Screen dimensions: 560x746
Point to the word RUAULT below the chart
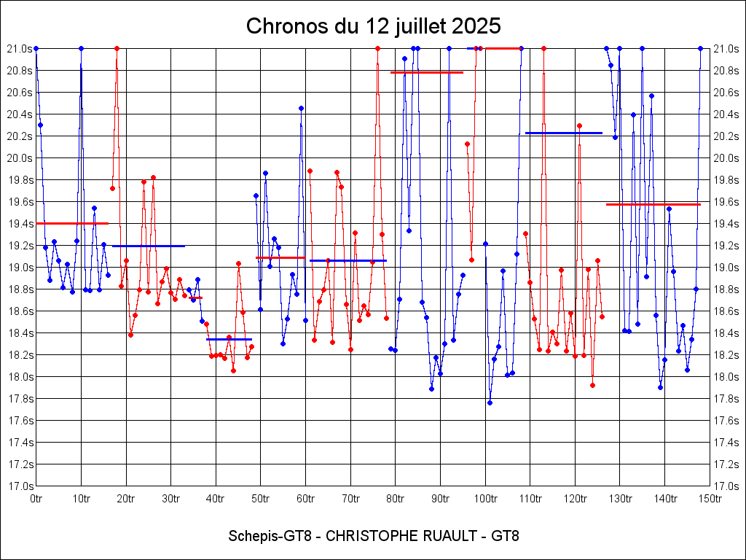coord(452,537)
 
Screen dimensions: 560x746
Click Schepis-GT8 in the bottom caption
coord(270,537)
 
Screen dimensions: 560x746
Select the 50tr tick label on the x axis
coord(261,499)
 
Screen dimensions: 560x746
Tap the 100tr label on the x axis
coord(485,499)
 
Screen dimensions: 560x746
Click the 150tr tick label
coord(710,499)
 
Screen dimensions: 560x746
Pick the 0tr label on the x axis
coord(36,499)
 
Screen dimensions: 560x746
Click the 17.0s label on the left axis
coord(20,486)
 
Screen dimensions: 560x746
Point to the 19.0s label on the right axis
coord(727,267)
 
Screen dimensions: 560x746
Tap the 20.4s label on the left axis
coord(20,114)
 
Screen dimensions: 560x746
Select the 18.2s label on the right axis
coord(727,354)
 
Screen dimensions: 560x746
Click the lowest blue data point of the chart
coord(490,402)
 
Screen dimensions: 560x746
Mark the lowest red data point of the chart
coord(593,385)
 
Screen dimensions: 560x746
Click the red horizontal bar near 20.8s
coord(427,72)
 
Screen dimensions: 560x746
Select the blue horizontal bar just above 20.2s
coord(564,133)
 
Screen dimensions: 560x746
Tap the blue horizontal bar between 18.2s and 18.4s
coord(229,339)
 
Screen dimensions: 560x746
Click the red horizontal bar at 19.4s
coord(72,223)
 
